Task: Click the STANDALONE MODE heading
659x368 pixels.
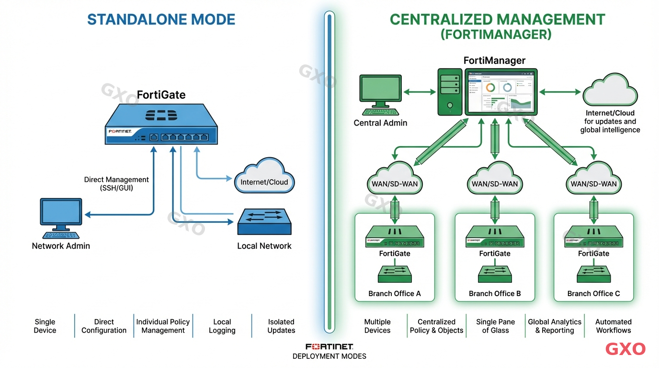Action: click(161, 20)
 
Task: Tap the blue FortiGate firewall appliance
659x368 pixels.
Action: click(161, 126)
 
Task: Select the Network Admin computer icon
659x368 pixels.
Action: click(61, 218)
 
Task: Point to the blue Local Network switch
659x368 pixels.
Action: click(264, 221)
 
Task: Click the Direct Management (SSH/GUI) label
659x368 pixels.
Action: click(116, 184)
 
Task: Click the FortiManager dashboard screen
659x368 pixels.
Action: click(500, 92)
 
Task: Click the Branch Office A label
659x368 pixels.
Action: click(395, 294)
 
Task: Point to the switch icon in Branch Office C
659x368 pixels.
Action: click(593, 274)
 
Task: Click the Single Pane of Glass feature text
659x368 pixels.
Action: click(495, 326)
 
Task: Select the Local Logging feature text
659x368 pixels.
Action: click(222, 326)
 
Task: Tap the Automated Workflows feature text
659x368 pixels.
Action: click(613, 326)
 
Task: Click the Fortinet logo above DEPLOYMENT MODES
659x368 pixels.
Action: click(329, 346)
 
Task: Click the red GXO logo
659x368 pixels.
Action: click(625, 349)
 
